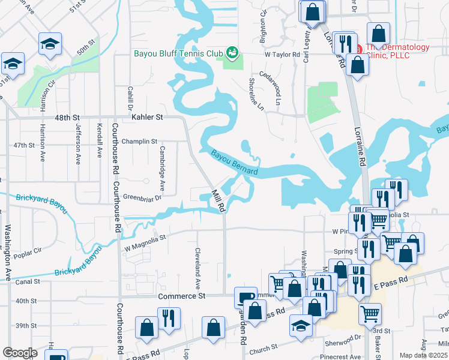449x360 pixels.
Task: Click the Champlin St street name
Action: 139,142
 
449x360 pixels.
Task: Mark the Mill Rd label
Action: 218,201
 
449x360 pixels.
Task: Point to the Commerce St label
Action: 182,296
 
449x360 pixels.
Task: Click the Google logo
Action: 20,353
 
